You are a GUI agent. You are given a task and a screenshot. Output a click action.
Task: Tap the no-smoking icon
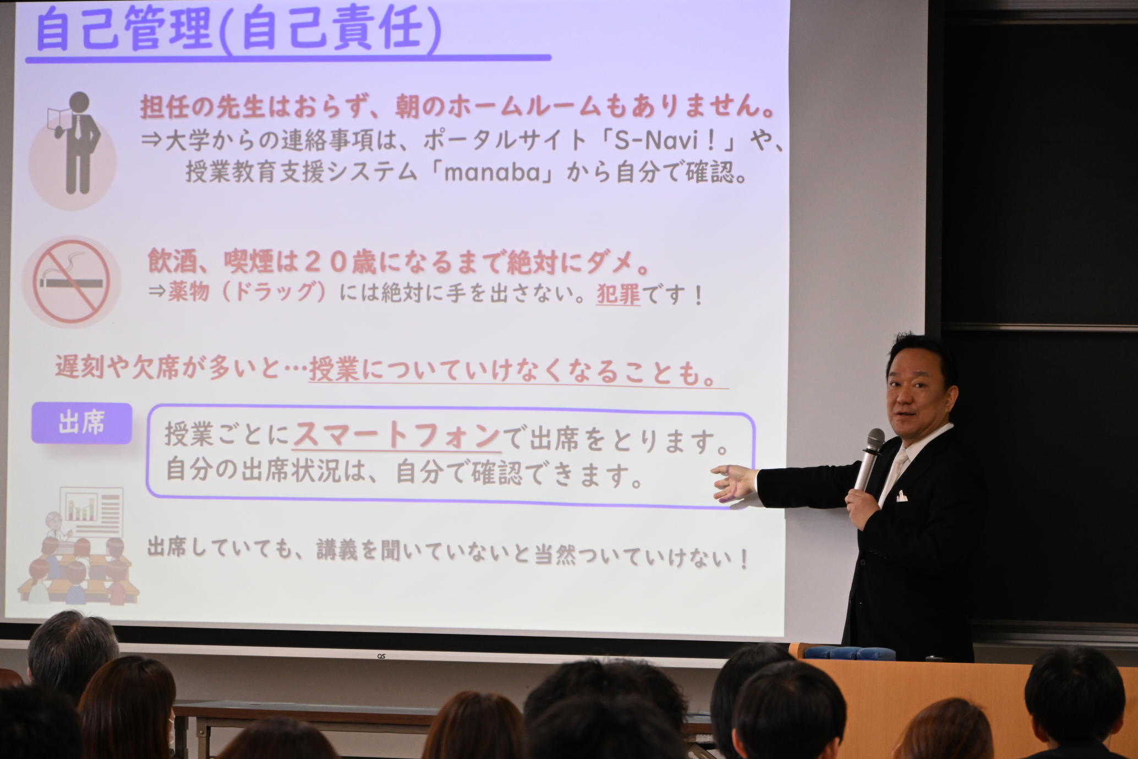coord(71,282)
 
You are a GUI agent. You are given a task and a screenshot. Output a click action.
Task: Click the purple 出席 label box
coord(81,423)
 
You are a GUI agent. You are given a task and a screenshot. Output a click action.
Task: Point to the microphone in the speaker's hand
coord(868,460)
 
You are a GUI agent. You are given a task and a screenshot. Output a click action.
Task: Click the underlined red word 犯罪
coord(619,296)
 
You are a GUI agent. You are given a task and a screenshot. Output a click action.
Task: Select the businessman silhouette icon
coord(77,143)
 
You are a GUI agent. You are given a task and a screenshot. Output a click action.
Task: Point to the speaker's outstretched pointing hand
coord(734,483)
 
